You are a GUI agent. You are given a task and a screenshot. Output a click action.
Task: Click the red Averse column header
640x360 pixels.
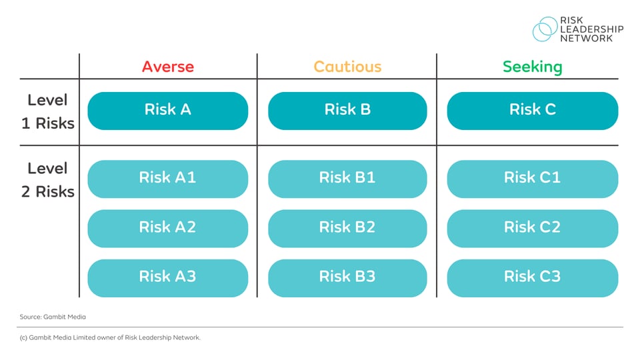click(x=167, y=67)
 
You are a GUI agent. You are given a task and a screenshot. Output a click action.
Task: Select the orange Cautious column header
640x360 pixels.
click(x=347, y=67)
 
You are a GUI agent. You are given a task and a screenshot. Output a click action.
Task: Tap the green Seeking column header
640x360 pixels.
click(x=532, y=67)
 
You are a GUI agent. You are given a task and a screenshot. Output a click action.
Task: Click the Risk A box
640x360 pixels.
click(x=167, y=110)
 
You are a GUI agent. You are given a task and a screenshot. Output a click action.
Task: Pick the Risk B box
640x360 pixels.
click(x=347, y=110)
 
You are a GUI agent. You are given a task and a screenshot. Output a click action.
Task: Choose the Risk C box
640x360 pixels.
click(x=532, y=110)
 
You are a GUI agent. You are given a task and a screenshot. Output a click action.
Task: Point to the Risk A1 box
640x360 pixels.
click(x=167, y=178)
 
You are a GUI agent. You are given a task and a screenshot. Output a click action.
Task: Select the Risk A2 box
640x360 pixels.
click(x=167, y=227)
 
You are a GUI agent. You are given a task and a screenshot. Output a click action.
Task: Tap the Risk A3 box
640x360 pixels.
click(x=167, y=277)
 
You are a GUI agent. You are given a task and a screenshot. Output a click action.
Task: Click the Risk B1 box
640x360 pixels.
click(x=347, y=178)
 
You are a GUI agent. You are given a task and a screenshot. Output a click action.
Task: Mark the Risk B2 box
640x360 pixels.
click(x=347, y=227)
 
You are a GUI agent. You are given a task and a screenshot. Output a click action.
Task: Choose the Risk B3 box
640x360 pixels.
click(x=347, y=277)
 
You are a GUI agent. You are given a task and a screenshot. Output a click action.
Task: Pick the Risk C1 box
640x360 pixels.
click(x=532, y=178)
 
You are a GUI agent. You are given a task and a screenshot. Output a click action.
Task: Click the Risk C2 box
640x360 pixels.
click(x=532, y=227)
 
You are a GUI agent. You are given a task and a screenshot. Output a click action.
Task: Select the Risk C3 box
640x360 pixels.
click(x=532, y=277)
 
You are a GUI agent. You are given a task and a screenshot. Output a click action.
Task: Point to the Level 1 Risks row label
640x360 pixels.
click(x=47, y=111)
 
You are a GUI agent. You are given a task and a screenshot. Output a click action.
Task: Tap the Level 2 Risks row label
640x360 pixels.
click(x=47, y=179)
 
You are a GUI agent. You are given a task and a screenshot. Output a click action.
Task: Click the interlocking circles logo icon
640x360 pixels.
click(x=545, y=29)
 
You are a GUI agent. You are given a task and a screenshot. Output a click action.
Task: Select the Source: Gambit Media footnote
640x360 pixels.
click(x=53, y=317)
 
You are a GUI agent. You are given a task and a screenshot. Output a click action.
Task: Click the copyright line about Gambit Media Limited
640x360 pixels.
click(x=109, y=337)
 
